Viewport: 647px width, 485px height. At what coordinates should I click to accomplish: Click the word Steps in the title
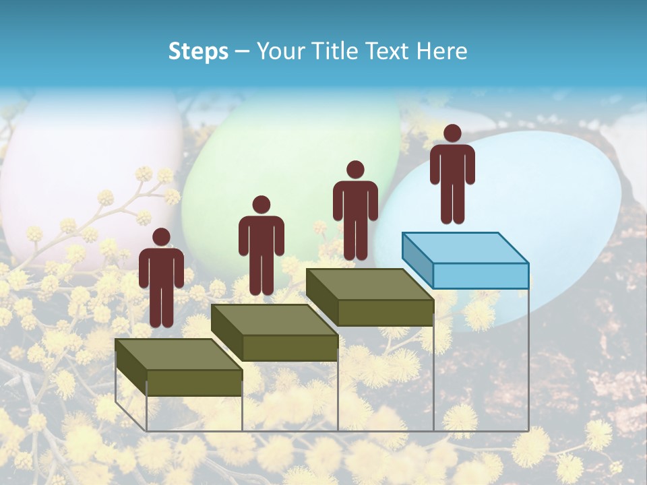(x=198, y=52)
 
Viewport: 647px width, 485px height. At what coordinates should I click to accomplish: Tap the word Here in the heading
(x=441, y=51)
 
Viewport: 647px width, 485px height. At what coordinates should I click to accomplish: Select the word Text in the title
(x=388, y=51)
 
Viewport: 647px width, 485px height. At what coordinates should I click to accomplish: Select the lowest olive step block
(x=179, y=367)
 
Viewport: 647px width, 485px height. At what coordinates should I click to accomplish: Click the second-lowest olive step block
(x=274, y=333)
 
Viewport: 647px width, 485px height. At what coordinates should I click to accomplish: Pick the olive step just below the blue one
(x=369, y=297)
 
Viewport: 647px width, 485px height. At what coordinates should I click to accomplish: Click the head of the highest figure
(x=452, y=133)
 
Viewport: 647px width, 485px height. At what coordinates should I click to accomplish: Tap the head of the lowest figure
(x=161, y=237)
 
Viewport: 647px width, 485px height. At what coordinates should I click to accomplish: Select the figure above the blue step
(x=452, y=175)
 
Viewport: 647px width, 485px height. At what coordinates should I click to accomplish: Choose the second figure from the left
(x=261, y=246)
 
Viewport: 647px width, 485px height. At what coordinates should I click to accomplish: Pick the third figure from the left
(x=355, y=211)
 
